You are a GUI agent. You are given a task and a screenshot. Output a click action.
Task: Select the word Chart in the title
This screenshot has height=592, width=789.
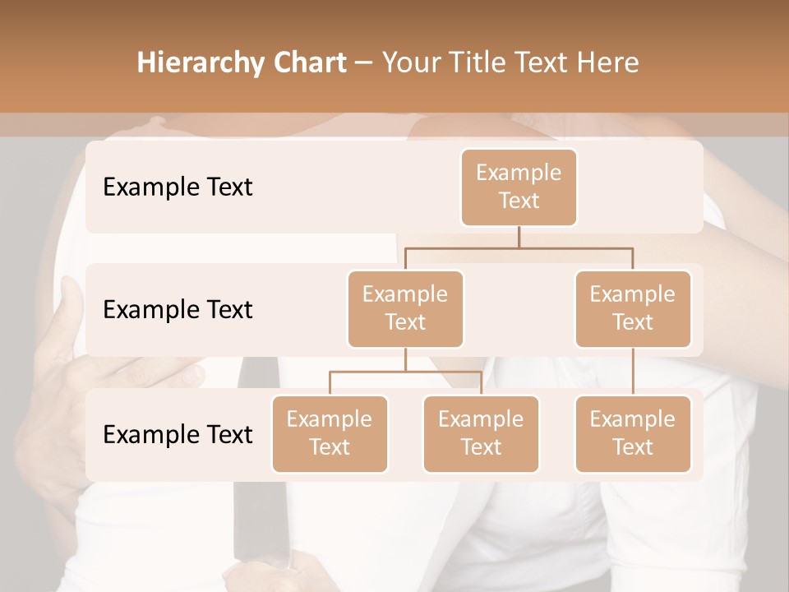coord(309,62)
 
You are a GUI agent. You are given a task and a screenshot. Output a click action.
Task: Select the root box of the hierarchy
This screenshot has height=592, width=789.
coord(519,187)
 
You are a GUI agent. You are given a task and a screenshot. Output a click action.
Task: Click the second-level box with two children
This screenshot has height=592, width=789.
coord(405,308)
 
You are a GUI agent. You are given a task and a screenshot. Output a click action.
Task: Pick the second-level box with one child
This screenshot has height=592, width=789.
coord(633,308)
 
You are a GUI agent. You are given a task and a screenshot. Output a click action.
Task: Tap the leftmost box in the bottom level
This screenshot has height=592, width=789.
coord(330,433)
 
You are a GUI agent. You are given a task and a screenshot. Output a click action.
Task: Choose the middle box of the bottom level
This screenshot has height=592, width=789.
coord(481,433)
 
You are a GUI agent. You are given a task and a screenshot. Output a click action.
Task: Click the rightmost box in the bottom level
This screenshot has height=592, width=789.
coord(633,433)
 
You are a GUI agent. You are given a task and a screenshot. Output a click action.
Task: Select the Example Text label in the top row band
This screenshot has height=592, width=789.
coord(178,187)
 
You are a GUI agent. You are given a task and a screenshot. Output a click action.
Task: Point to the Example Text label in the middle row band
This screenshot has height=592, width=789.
coord(178,309)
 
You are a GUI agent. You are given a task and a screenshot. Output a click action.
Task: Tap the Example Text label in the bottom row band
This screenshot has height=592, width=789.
coord(178,434)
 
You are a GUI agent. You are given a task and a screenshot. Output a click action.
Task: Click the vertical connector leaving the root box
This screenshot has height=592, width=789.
coord(519,237)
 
